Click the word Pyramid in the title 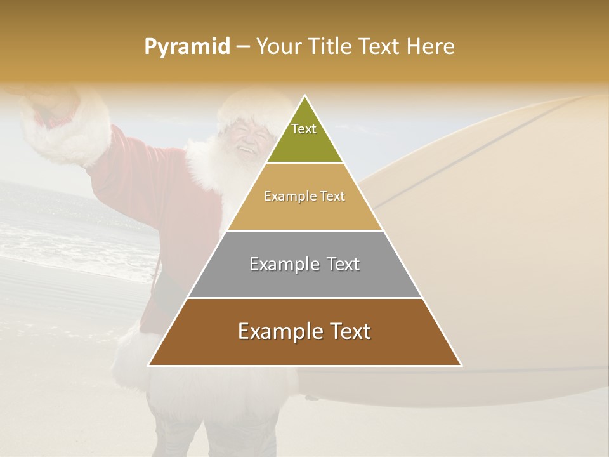[x=187, y=47]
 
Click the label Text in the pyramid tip [x=303, y=129]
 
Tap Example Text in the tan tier [x=304, y=196]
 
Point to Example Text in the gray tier [x=304, y=264]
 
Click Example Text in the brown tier [x=304, y=331]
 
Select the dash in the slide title [x=243, y=47]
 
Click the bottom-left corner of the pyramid [x=149, y=365]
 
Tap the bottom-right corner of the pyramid [x=461, y=365]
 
